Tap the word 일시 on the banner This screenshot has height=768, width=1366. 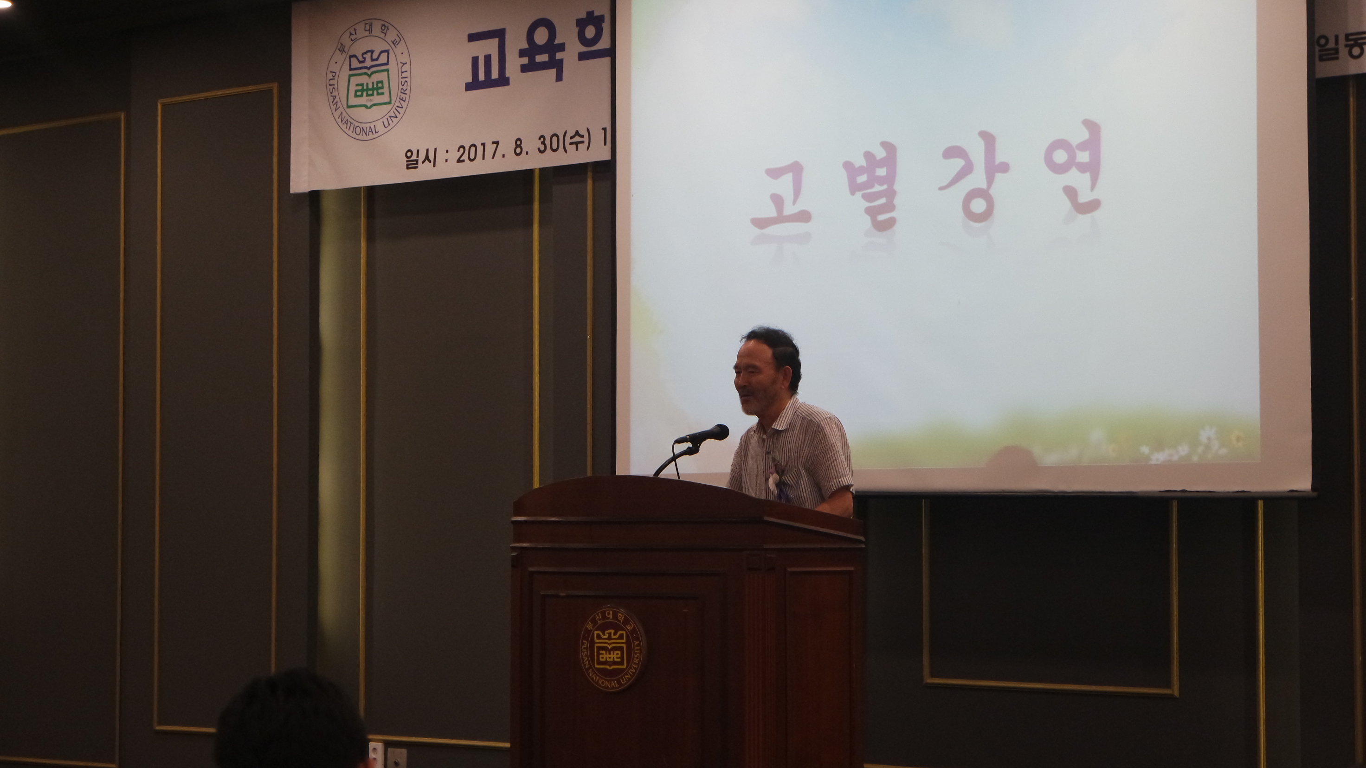(x=421, y=156)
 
